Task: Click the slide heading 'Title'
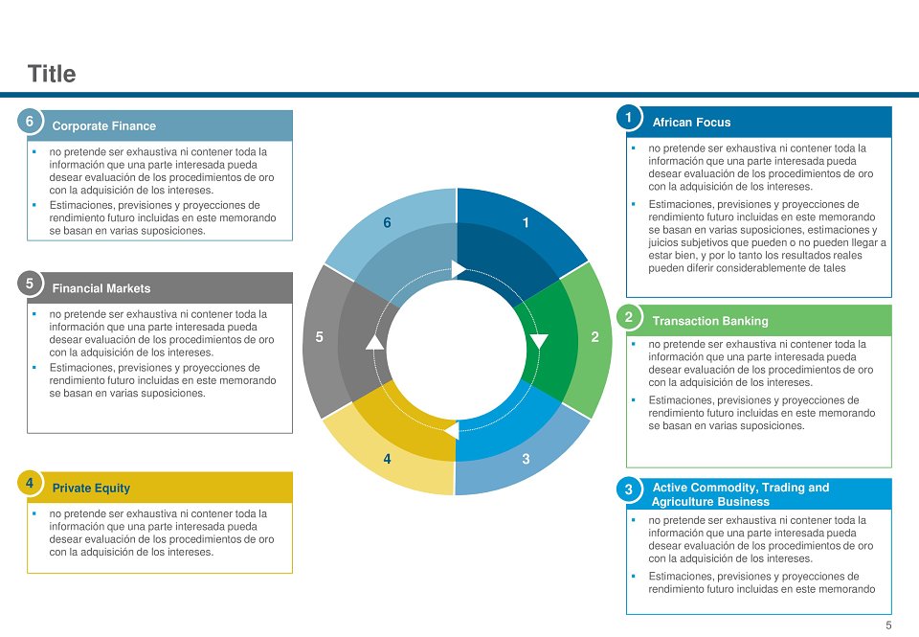52,74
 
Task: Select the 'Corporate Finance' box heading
103,126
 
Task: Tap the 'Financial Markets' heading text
101,288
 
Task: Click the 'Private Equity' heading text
91,488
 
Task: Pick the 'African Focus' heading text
691,123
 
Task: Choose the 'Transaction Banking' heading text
710,321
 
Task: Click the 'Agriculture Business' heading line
710,502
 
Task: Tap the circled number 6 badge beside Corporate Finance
30,122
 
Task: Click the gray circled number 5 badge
30,284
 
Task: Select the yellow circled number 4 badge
30,484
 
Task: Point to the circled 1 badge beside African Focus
628,117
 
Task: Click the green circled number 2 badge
628,317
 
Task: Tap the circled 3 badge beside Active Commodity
628,489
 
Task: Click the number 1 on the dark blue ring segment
526,223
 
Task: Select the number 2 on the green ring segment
594,336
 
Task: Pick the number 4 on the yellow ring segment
387,459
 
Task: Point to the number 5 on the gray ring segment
319,336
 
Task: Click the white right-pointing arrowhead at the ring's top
459,269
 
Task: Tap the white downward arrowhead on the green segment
539,341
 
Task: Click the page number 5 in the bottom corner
888,626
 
